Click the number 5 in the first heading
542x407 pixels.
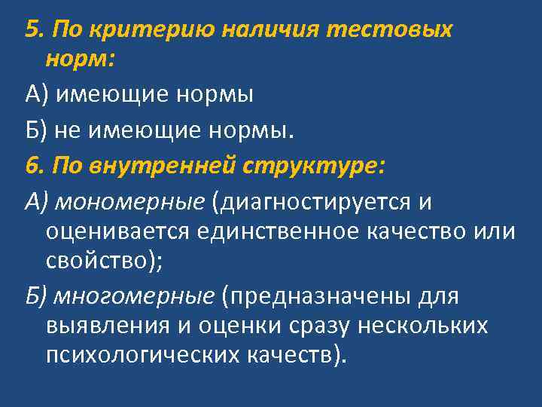tap(31, 29)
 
